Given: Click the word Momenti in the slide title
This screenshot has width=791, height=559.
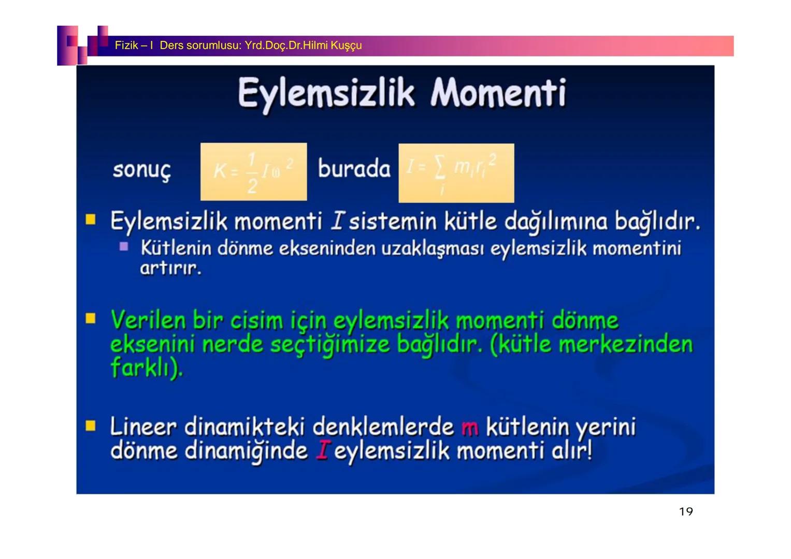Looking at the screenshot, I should tap(498, 93).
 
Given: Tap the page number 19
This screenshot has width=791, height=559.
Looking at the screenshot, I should tap(685, 512).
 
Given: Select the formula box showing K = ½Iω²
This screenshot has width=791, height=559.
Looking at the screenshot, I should tap(253, 172).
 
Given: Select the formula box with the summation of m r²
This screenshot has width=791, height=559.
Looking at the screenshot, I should tap(456, 173).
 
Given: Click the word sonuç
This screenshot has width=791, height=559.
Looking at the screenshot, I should tap(141, 170).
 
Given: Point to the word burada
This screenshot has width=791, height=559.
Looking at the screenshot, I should tap(354, 169).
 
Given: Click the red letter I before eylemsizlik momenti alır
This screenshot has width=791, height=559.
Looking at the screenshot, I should tap(322, 451).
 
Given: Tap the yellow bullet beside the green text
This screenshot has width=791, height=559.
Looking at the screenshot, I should tap(91, 318).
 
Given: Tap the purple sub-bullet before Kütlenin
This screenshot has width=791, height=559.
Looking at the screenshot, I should tap(124, 247).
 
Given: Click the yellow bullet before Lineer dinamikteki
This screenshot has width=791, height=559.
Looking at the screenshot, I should tap(91, 426).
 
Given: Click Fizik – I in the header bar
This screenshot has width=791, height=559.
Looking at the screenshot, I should tap(134, 46).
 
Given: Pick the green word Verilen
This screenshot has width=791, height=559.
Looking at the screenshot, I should tap(148, 320).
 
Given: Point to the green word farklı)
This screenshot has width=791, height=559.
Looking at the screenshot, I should tap(147, 368).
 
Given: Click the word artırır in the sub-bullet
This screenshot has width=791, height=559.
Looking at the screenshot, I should tap(170, 269).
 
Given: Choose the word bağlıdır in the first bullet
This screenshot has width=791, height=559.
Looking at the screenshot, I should tap(657, 222).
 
